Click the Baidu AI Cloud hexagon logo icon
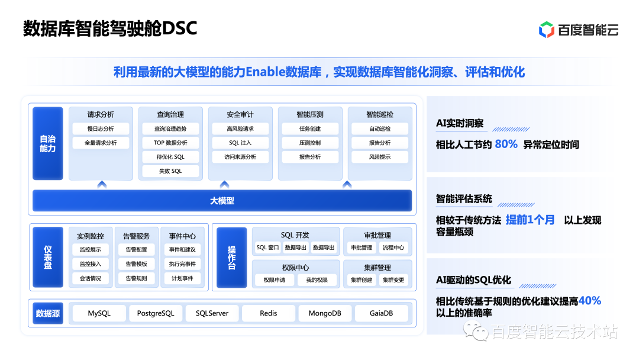[546, 29]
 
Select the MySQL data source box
[99, 313]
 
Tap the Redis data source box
[268, 313]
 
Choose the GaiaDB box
[381, 313]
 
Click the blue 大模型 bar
[222, 201]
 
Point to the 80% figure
[506, 144]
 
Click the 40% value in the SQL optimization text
[589, 301]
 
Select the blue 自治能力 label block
[48, 143]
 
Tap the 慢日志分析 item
[101, 128]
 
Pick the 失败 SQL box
[170, 171]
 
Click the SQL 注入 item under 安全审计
[240, 143]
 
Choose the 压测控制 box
[310, 143]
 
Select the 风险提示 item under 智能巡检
[380, 157]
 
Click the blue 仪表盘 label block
[48, 258]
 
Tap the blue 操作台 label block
[231, 258]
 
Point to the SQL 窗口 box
[267, 247]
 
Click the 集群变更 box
[393, 279]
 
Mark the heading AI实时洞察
[460, 123]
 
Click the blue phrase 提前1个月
[530, 220]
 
